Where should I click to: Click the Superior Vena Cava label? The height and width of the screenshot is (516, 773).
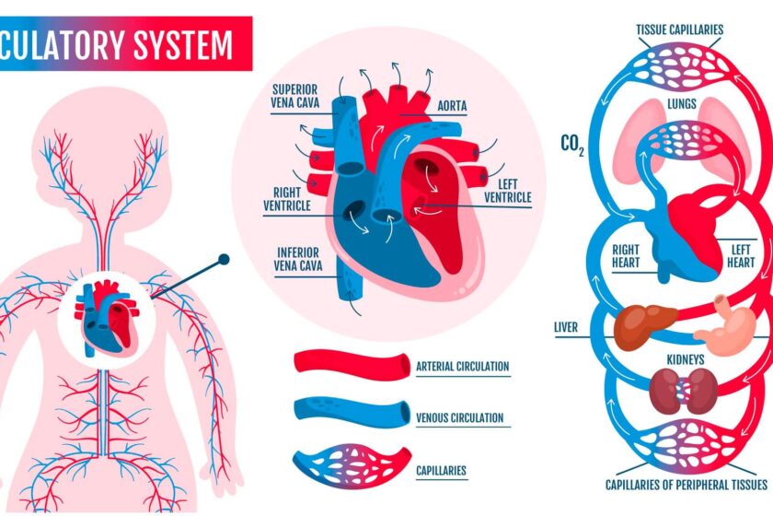pyautogui.click(x=295, y=96)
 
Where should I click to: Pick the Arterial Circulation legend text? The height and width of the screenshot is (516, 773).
pyautogui.click(x=462, y=366)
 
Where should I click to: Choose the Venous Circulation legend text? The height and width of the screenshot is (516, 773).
pyautogui.click(x=460, y=417)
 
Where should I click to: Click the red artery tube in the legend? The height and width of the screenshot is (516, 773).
pyautogui.click(x=351, y=362)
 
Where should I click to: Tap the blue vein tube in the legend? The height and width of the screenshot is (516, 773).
pyautogui.click(x=351, y=411)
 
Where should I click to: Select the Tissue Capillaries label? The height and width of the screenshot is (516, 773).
pyautogui.click(x=680, y=29)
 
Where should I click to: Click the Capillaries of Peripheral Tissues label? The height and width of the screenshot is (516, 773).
pyautogui.click(x=685, y=484)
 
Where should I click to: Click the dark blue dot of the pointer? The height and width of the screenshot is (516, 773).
pyautogui.click(x=223, y=261)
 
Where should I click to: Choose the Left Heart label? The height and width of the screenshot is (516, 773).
pyautogui.click(x=742, y=255)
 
